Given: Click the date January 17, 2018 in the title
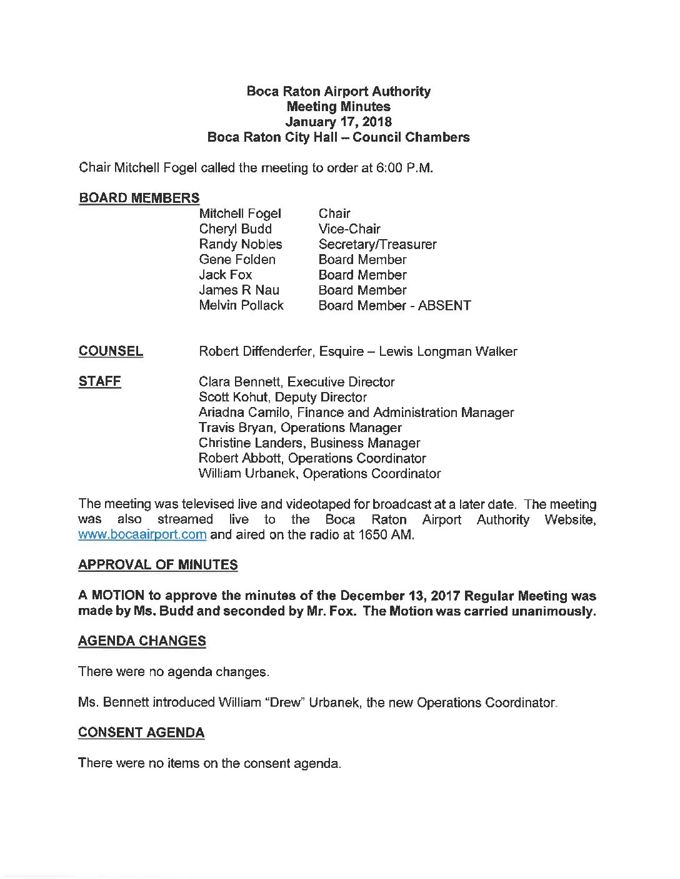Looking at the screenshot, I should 338,122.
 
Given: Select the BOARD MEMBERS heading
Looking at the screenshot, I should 139,198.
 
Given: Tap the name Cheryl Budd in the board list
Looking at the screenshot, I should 235,228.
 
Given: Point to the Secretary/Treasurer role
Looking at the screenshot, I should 377,244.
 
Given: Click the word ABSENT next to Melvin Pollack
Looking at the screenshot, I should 444,305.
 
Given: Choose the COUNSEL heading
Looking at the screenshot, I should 111,351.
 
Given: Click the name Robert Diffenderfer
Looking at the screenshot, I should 256,351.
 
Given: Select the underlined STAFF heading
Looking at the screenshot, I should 99,381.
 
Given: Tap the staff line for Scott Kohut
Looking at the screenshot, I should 282,397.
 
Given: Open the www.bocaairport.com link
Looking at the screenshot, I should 142,534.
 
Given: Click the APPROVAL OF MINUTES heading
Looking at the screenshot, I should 158,565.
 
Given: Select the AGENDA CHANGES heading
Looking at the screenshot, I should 142,641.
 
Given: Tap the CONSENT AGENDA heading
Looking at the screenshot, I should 141,733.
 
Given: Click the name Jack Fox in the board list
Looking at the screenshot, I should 225,275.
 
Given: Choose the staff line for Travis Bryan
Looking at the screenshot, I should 300,428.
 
